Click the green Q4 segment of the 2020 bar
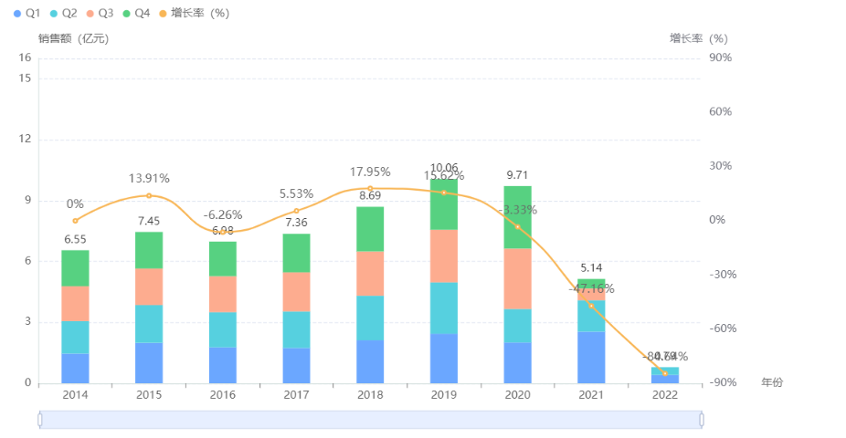point(517,217)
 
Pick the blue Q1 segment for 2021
point(591,357)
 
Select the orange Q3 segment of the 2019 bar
point(444,255)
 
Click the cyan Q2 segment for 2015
point(149,324)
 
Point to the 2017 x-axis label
point(296,395)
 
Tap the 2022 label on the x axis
point(665,395)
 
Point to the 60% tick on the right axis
point(720,111)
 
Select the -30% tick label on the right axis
point(720,274)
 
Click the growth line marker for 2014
point(75,221)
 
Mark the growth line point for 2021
point(591,306)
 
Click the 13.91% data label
point(149,179)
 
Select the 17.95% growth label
point(370,172)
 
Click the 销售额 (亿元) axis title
point(73,38)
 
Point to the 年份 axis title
point(772,382)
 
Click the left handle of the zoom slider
point(40,419)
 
